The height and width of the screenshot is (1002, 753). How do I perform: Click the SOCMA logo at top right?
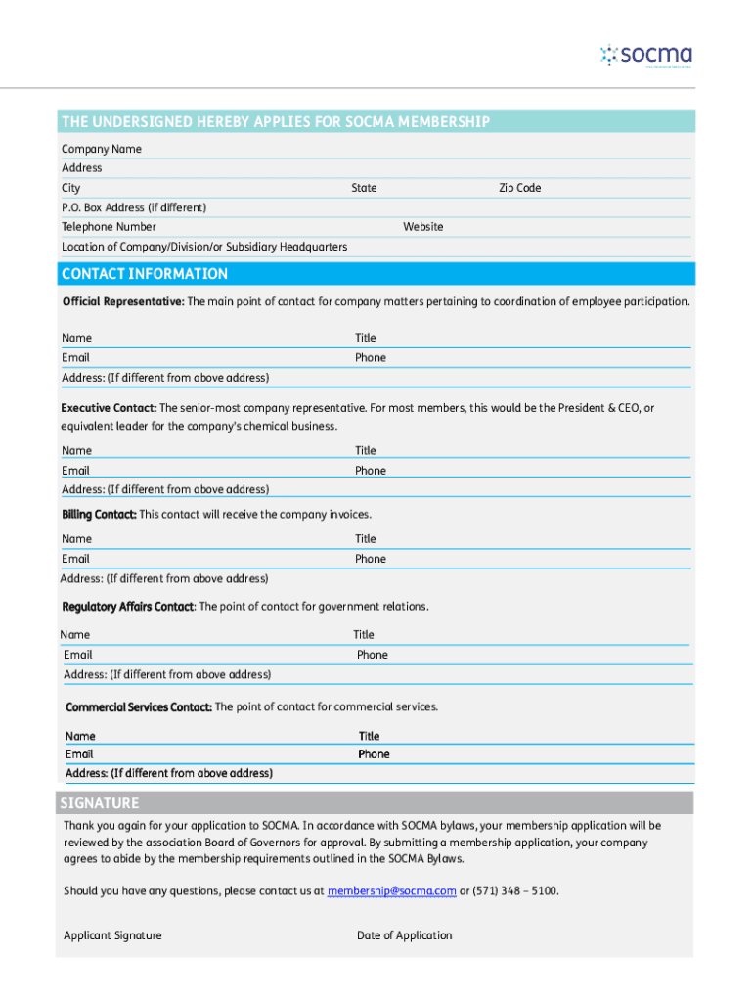pos(646,55)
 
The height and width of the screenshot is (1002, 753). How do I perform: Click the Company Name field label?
pos(102,149)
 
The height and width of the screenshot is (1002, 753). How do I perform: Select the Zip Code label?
pos(519,188)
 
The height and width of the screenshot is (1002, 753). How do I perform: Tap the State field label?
pos(364,188)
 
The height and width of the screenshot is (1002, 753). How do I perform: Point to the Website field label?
pos(422,227)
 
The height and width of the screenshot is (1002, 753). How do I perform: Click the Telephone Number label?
pos(109,227)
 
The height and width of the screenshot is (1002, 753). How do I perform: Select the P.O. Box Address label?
pos(134,207)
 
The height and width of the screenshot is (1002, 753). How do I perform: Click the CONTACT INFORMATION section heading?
pos(144,274)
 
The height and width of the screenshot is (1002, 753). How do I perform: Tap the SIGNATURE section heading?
pos(100,803)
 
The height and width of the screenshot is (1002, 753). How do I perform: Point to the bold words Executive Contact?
pos(109,407)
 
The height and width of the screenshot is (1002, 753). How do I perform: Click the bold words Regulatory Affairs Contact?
pos(128,607)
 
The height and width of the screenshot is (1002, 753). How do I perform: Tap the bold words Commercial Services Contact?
pos(138,706)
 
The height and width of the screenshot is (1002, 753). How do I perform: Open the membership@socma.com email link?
pos(391,891)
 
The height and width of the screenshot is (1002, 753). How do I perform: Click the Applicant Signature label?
pos(112,935)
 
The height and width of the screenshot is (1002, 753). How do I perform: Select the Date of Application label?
pos(404,935)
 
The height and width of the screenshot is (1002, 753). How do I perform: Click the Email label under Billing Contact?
pos(75,559)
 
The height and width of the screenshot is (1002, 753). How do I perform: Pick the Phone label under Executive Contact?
pos(370,471)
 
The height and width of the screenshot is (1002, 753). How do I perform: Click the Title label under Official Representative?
pos(365,338)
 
